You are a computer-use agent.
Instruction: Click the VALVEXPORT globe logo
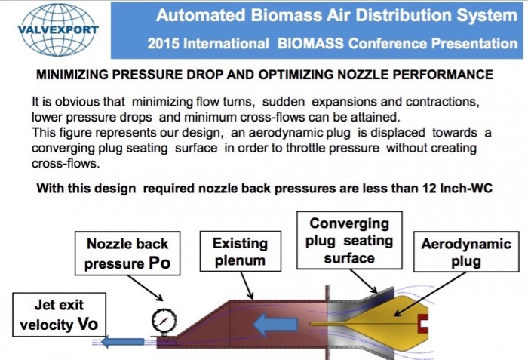point(58,29)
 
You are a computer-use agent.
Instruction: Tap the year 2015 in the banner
point(164,44)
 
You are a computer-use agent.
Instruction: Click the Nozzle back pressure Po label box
point(127,253)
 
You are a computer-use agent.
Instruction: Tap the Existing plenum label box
point(241,251)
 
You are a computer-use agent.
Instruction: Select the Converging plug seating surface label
point(349,240)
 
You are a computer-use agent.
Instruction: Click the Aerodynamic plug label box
point(466,251)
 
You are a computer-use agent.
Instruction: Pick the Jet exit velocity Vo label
point(60,315)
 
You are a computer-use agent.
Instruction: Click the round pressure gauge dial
point(164,321)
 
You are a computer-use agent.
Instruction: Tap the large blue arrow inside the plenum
point(275,325)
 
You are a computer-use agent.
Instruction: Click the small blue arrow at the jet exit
point(122,342)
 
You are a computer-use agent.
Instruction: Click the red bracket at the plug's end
point(423,324)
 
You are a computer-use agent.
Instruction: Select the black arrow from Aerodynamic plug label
point(431,294)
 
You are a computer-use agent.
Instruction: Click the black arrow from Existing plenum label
point(247,285)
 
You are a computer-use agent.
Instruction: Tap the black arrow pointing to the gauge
point(146,288)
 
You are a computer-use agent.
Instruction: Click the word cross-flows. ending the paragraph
point(66,164)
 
